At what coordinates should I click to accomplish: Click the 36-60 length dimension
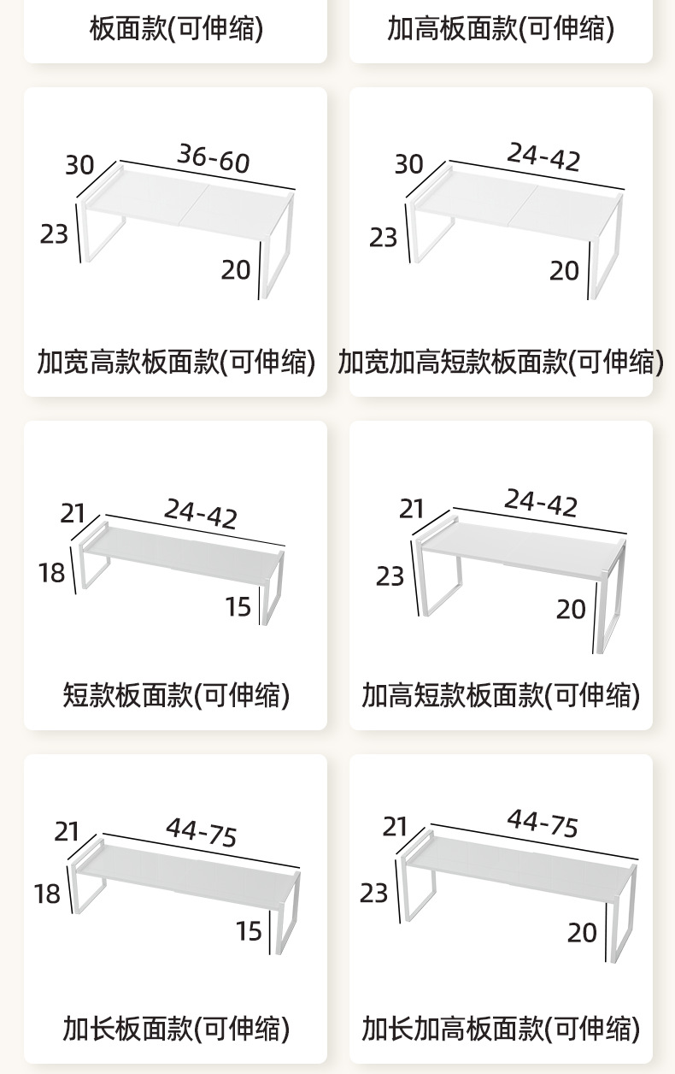(214, 159)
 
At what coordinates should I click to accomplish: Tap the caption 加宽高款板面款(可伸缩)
(176, 362)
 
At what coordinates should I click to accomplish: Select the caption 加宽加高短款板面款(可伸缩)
(501, 362)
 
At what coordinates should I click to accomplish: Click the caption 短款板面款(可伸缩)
(176, 695)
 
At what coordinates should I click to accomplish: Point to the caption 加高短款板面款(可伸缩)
(501, 695)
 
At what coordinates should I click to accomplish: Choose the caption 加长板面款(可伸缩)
(176, 1028)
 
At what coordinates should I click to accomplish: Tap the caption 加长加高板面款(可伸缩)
(501, 1028)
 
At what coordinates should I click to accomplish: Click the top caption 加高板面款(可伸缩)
(501, 30)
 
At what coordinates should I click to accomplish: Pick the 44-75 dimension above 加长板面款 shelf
(201, 832)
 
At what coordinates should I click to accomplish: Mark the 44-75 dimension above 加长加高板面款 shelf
(543, 824)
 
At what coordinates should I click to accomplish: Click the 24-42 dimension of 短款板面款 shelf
(201, 514)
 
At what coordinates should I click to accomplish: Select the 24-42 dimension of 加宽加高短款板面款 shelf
(543, 158)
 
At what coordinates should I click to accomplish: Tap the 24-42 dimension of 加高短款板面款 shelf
(540, 504)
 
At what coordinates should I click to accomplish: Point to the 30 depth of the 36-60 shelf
(79, 164)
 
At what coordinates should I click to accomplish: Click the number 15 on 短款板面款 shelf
(238, 607)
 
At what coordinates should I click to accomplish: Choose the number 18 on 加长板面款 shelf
(48, 894)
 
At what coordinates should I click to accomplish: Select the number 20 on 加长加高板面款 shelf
(582, 932)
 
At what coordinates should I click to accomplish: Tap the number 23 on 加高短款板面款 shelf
(390, 576)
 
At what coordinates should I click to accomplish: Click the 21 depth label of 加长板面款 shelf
(67, 831)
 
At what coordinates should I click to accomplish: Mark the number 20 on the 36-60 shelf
(236, 269)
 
